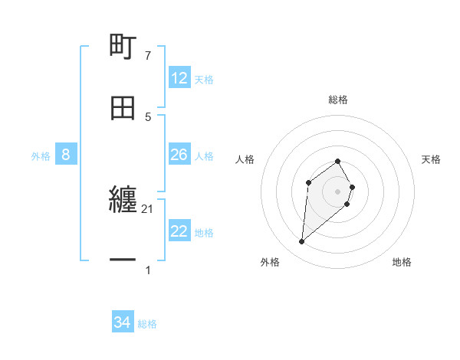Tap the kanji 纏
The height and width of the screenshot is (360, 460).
(x=123, y=201)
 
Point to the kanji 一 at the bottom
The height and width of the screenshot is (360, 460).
(x=123, y=261)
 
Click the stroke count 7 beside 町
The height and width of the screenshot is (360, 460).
(x=148, y=56)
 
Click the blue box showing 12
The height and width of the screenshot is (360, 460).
(x=179, y=78)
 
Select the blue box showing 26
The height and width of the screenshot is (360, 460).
(x=179, y=155)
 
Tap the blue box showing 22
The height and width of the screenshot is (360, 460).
(x=179, y=231)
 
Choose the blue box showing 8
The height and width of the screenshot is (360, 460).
(x=66, y=155)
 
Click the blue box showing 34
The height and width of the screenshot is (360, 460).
(x=123, y=322)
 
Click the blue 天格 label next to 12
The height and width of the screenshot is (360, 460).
(x=204, y=80)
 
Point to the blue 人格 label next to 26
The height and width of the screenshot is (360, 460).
(x=204, y=156)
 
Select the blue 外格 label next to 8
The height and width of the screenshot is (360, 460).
(x=41, y=156)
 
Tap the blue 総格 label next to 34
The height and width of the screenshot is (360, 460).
(x=147, y=324)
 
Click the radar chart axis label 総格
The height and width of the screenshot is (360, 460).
(x=338, y=100)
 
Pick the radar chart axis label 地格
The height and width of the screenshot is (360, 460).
(x=402, y=262)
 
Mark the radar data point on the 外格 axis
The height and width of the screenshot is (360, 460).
(x=302, y=242)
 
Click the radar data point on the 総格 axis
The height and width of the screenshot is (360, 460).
(x=338, y=161)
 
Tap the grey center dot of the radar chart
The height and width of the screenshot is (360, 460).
(x=338, y=191)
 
